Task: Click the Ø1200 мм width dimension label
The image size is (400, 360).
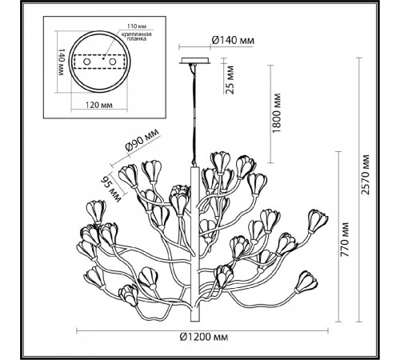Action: pos(204,337)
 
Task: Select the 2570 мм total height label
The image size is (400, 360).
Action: pos(366,174)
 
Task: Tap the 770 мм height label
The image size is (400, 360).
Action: pos(346,239)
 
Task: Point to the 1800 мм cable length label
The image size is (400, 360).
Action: pos(277,113)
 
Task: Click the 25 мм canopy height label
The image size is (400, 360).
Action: pos(230,79)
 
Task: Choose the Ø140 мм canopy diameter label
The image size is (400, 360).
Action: pos(233,40)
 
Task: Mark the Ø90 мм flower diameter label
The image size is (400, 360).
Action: pos(142,140)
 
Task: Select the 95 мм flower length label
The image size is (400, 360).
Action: pos(111,189)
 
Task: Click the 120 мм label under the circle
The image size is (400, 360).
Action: pos(99,105)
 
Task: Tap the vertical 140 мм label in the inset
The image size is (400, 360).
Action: pos(62,62)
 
